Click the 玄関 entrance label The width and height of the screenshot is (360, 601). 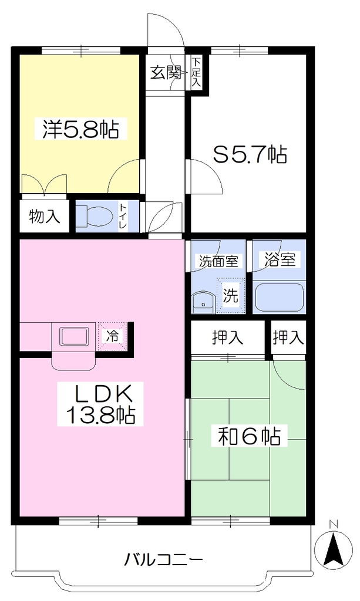[166, 72]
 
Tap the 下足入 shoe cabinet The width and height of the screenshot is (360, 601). [196, 73]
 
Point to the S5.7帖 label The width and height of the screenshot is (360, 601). [250, 154]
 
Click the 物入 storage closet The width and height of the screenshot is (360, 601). [45, 216]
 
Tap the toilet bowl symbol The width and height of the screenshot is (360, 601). [94, 216]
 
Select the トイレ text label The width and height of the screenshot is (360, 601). [123, 216]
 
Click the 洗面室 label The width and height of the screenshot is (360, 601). [218, 261]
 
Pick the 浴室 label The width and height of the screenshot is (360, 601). [280, 259]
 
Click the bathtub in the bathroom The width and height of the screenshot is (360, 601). [280, 298]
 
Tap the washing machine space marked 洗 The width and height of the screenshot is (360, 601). [230, 295]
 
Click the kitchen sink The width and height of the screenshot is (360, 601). [74, 336]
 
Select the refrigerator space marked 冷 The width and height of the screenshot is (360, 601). [112, 336]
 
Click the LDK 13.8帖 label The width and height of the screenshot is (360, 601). [100, 404]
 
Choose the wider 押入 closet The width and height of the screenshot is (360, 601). [228, 337]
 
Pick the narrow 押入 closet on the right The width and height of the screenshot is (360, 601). [288, 337]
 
